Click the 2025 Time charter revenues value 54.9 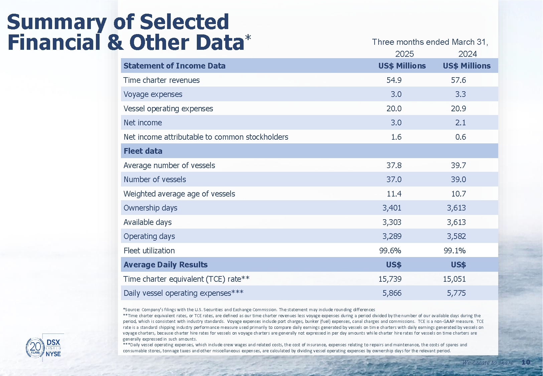394,80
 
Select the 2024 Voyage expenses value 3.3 460,94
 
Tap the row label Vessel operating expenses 168,109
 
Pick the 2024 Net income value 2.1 460,123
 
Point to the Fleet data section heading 143,151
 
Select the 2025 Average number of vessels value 394,165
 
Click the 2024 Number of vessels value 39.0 458,179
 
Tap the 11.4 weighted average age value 394,194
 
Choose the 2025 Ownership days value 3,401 392,208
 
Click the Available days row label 147,222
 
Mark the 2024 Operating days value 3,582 456,236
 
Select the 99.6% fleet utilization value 390,251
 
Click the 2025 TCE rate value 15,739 390,279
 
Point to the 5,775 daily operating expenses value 456,293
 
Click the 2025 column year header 404,54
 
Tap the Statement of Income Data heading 174,66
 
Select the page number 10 526,362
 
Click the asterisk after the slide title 248,38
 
